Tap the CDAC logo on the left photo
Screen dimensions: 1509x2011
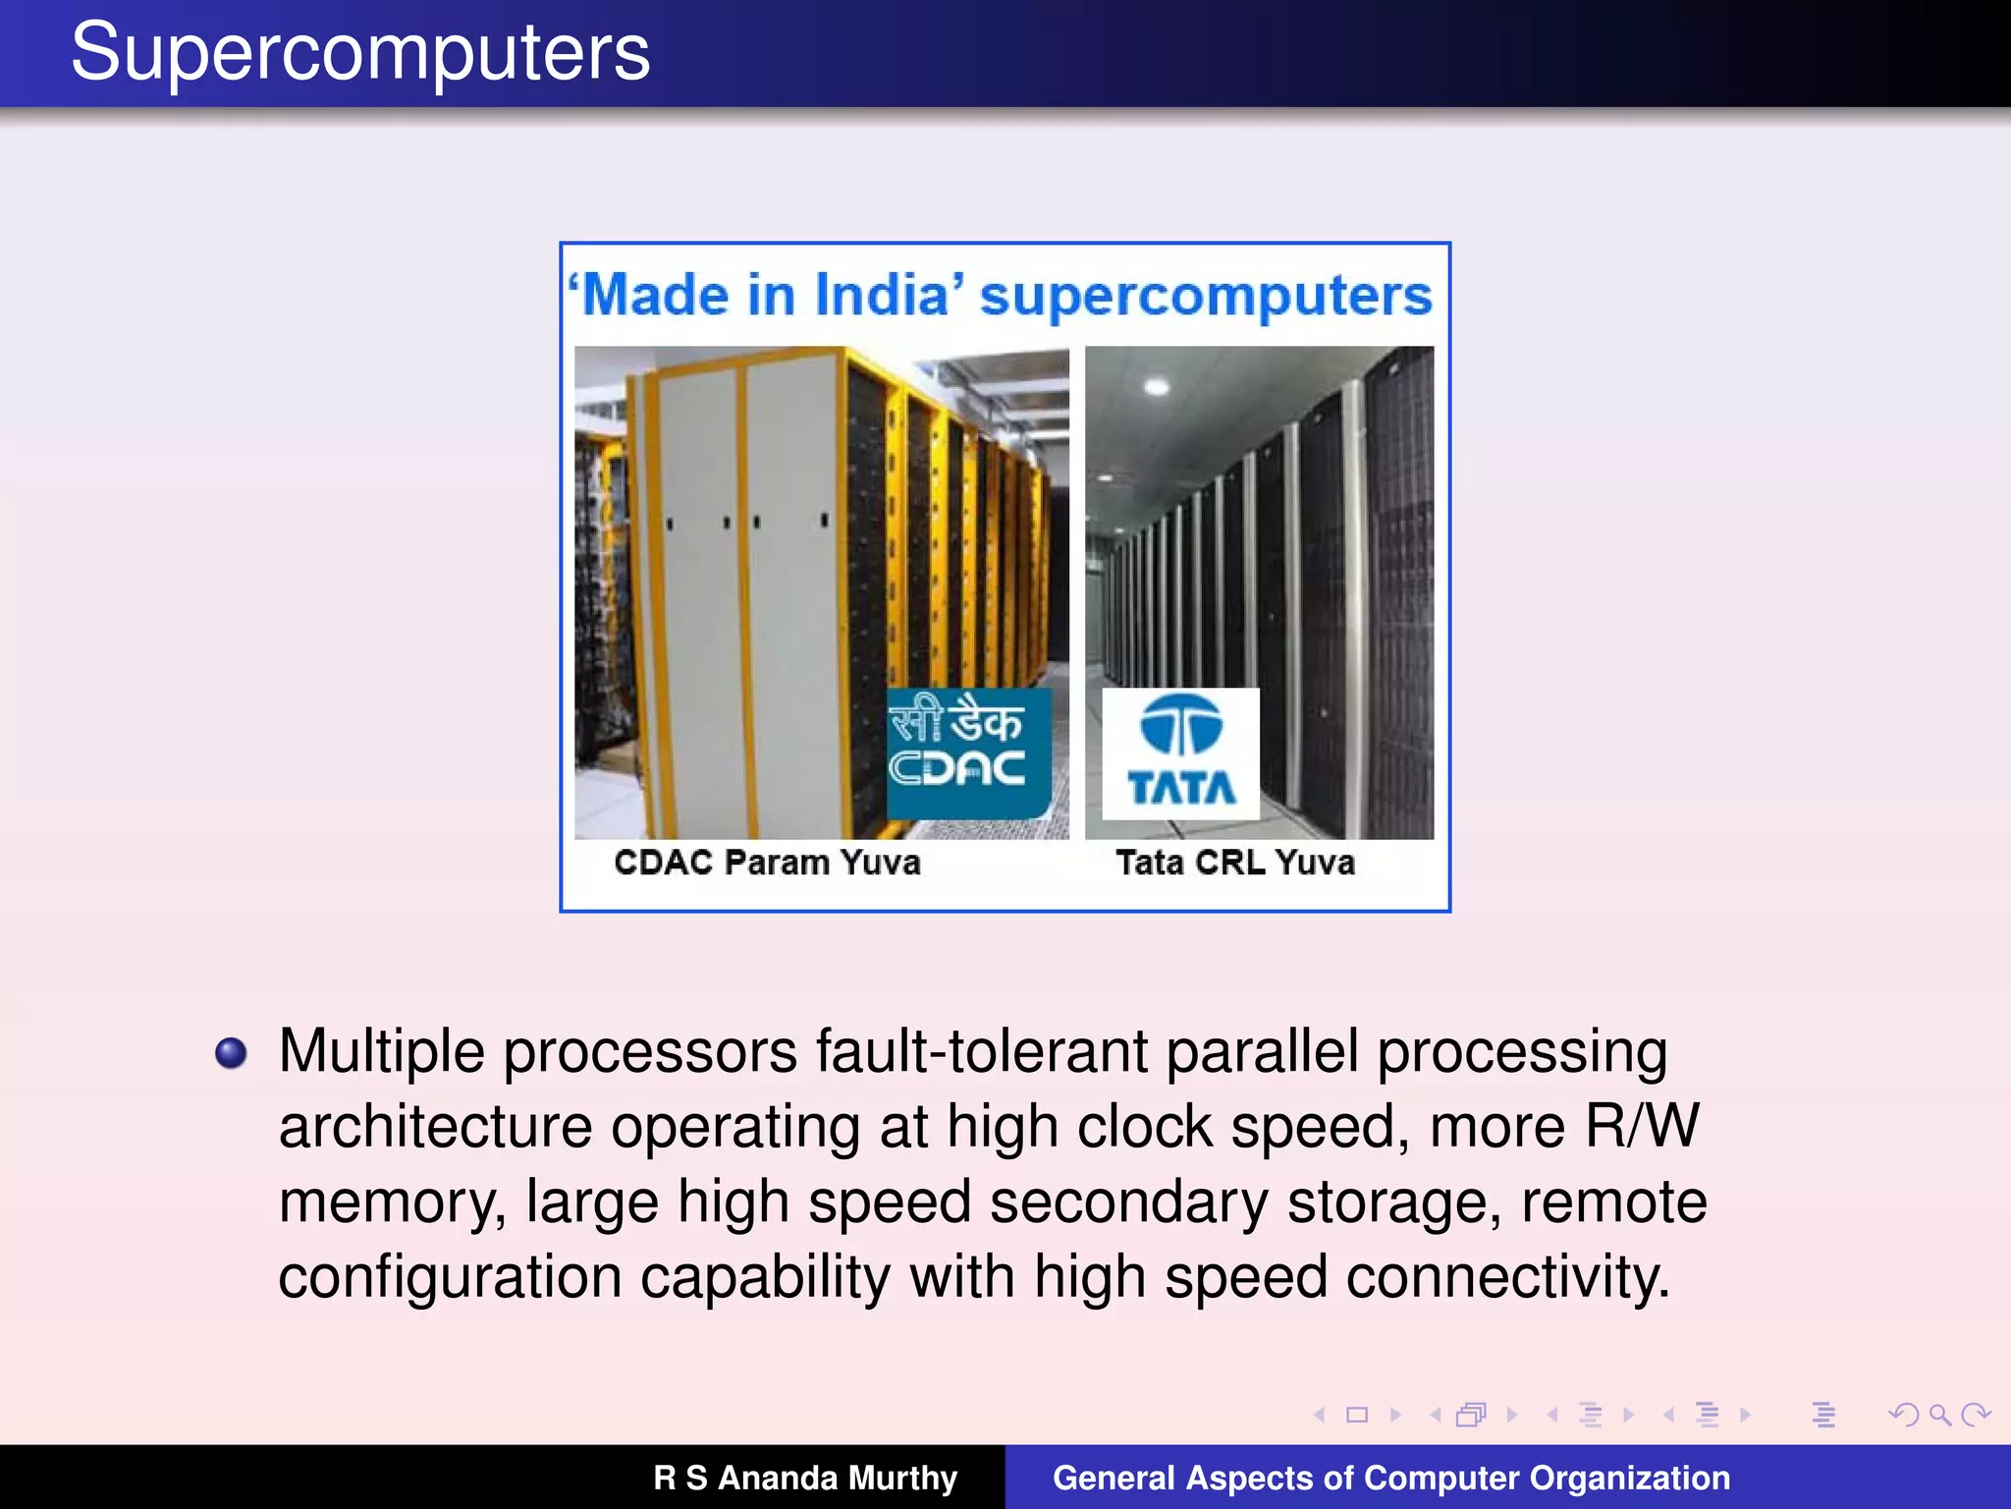pyautogui.click(x=967, y=753)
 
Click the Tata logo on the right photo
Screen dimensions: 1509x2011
pyautogui.click(x=1180, y=754)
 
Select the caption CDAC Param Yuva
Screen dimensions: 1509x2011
pyautogui.click(x=767, y=863)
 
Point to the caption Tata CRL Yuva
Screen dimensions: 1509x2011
pyautogui.click(x=1234, y=863)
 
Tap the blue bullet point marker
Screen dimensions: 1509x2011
pyautogui.click(x=231, y=1053)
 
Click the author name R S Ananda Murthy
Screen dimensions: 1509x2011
pyautogui.click(x=805, y=1478)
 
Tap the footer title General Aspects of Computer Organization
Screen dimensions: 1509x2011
pyautogui.click(x=1390, y=1478)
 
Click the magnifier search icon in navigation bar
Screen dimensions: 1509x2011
pyautogui.click(x=1938, y=1415)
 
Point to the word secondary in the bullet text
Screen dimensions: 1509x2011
pyautogui.click(x=1128, y=1202)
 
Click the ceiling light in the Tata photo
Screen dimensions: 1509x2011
pyautogui.click(x=1157, y=386)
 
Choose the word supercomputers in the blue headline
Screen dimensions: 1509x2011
pyautogui.click(x=1206, y=295)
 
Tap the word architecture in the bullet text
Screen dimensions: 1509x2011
pyautogui.click(x=435, y=1127)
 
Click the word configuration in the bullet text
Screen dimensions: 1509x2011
pyautogui.click(x=450, y=1277)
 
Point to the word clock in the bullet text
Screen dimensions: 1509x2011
pyautogui.click(x=1144, y=1127)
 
